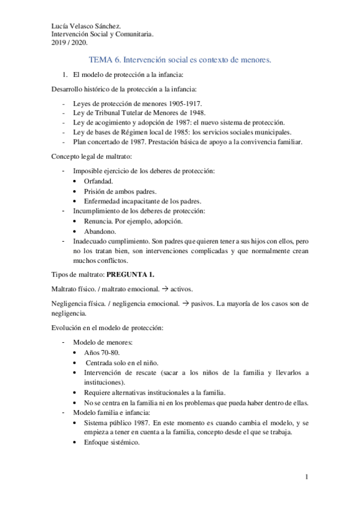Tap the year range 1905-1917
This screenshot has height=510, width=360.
point(182,103)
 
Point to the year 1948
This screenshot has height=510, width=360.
point(197,112)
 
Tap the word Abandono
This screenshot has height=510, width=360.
point(100,230)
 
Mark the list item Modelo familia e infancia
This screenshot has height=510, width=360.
point(112,413)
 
